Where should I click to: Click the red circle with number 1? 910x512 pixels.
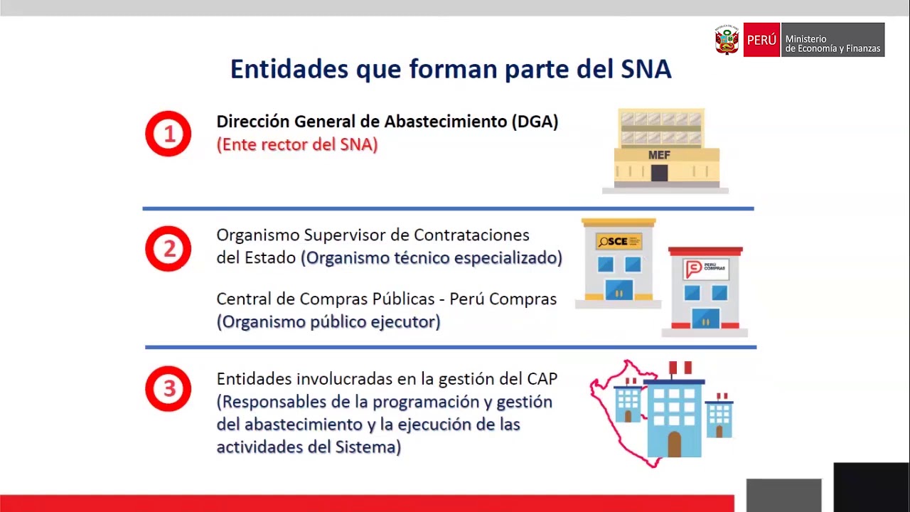168,134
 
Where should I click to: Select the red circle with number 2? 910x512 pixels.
168,249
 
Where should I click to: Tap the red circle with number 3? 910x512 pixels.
168,389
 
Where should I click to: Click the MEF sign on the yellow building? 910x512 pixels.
659,155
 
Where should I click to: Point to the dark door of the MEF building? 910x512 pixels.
659,173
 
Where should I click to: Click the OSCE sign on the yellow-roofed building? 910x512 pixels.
619,241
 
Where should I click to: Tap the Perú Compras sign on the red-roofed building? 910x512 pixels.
705,269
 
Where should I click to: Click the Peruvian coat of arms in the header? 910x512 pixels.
727,40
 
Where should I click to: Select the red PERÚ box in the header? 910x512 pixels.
761,41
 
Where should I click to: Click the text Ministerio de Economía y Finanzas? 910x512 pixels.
833,44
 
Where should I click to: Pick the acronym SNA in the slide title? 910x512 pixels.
646,69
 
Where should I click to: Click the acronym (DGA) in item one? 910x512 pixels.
535,122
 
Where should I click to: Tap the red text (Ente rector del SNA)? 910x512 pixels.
297,144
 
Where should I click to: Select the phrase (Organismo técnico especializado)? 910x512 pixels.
432,257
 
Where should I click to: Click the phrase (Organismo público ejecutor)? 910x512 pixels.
328,321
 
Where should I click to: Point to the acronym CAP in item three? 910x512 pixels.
542,379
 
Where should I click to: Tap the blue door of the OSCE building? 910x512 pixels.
619,290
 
